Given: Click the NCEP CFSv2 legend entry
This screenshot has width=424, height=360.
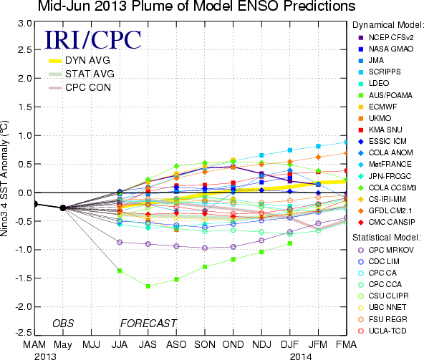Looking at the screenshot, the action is click(x=386, y=37).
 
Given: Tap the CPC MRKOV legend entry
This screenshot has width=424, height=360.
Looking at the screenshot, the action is click(x=386, y=250).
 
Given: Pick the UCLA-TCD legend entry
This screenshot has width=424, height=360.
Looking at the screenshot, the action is click(x=382, y=331).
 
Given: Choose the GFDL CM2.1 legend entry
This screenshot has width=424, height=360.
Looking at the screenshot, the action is click(x=385, y=211).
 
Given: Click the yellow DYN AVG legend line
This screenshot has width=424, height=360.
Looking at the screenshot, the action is click(x=55, y=61).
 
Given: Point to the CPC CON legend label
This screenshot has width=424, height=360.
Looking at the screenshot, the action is click(x=88, y=87).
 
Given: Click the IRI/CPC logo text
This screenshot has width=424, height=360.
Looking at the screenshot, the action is click(x=93, y=40).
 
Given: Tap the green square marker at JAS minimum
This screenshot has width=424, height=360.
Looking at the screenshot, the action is click(x=148, y=286).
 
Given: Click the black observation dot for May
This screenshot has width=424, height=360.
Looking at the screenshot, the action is click(x=63, y=208).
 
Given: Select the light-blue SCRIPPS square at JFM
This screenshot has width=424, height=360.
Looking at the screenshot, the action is click(x=318, y=146).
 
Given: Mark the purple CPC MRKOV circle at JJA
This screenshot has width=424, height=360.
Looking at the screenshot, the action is click(x=120, y=242).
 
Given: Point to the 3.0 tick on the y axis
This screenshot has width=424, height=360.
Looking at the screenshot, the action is click(x=34, y=24).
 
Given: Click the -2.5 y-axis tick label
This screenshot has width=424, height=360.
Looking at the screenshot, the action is click(x=24, y=332).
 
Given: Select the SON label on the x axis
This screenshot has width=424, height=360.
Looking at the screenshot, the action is click(x=205, y=345).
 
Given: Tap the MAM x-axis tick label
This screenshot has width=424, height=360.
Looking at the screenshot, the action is click(x=34, y=345).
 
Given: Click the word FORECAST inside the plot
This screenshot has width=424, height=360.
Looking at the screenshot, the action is click(x=148, y=323).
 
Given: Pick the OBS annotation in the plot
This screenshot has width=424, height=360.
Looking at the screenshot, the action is click(x=63, y=323).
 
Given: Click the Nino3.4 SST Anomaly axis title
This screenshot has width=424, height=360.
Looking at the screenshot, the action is click(x=4, y=178).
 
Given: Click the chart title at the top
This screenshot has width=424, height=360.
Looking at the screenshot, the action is click(x=196, y=6).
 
